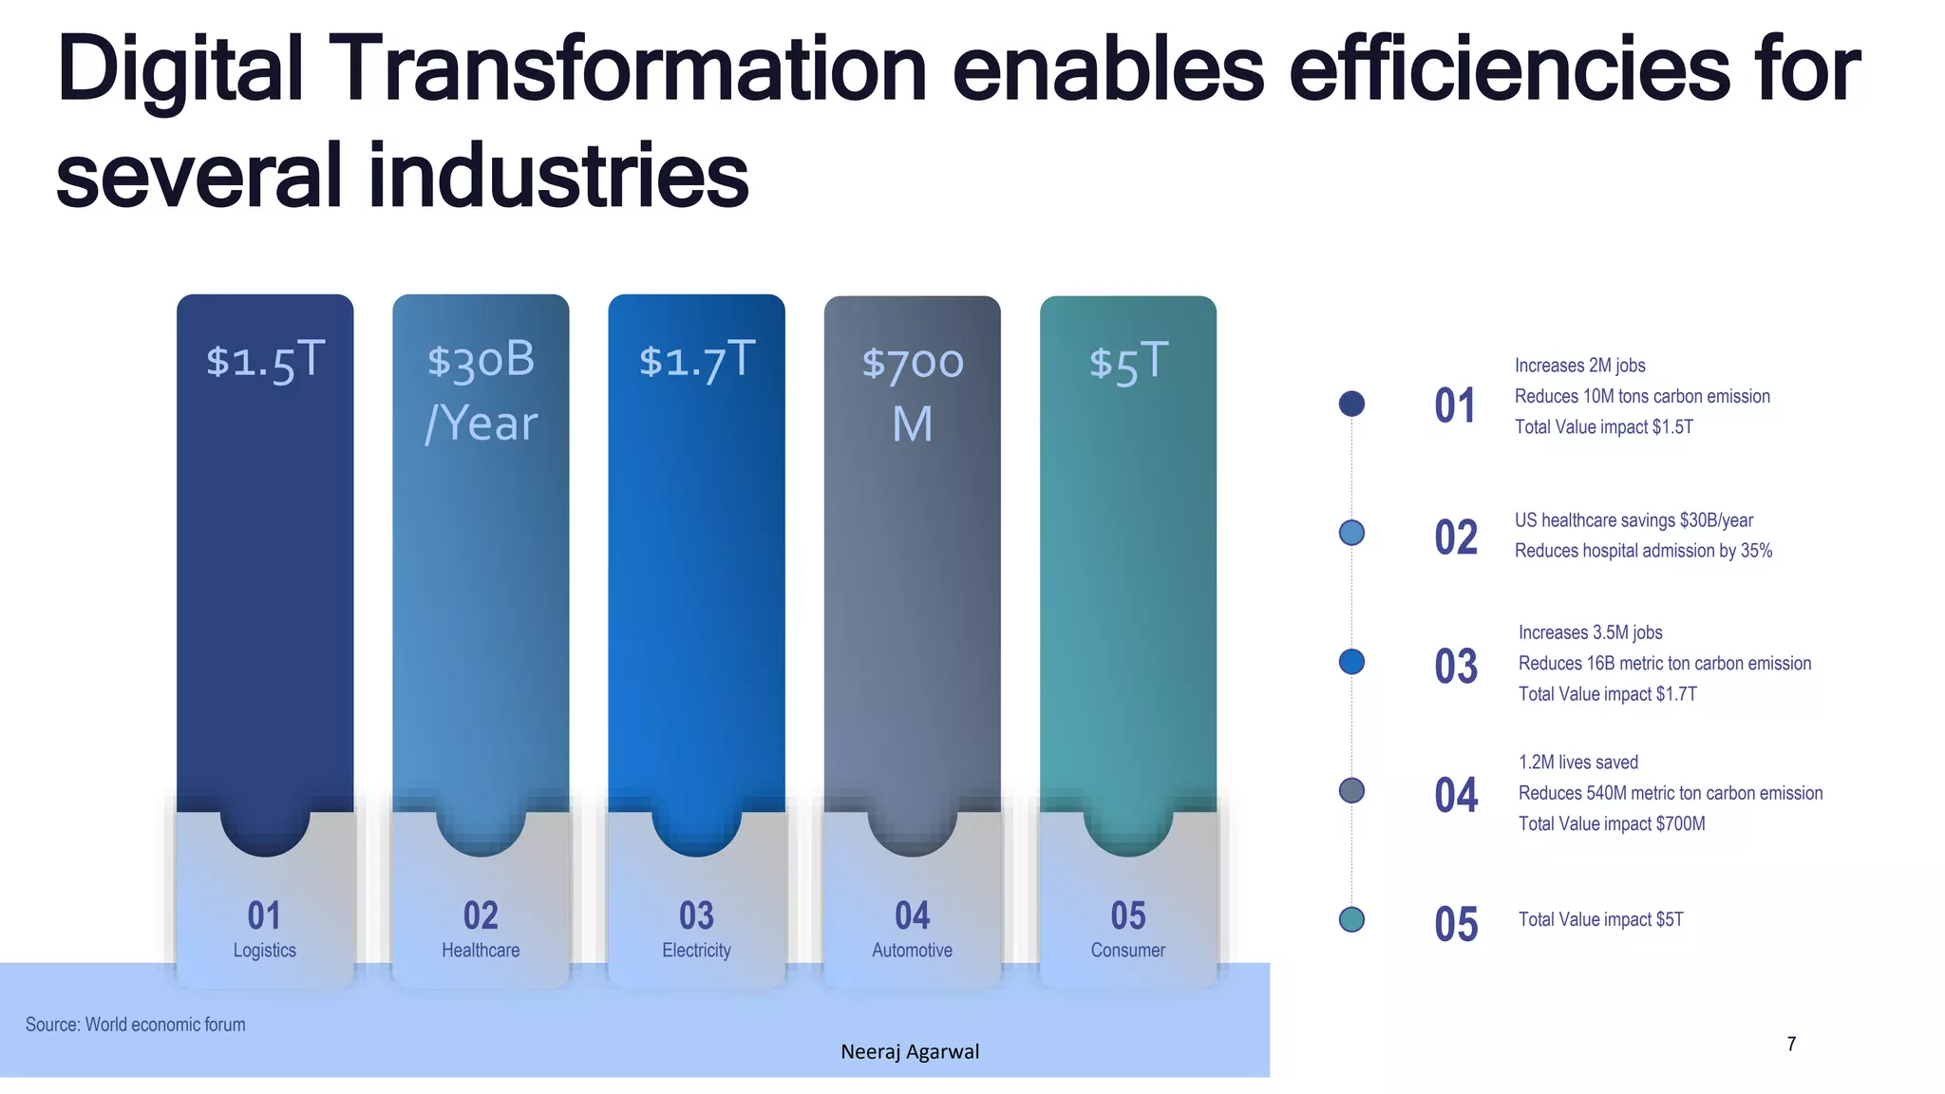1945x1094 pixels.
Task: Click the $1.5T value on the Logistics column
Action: [265, 361]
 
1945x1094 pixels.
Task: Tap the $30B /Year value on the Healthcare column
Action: [481, 391]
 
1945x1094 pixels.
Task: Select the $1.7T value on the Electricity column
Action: [696, 361]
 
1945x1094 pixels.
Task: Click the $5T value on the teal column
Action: [1127, 362]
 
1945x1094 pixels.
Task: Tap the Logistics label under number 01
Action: [265, 950]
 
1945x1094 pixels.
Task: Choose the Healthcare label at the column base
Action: [481, 950]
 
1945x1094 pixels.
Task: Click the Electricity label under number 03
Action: [696, 950]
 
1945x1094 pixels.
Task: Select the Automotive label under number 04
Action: [912, 950]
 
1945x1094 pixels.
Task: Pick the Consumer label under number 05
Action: [1127, 950]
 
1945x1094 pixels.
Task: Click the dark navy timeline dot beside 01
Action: [1351, 404]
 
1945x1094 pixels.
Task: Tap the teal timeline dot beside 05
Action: [1351, 919]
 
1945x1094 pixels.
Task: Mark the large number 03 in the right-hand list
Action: [1456, 667]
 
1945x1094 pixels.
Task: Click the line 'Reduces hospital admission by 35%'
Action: [1643, 551]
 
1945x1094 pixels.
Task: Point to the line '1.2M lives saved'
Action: [1577, 763]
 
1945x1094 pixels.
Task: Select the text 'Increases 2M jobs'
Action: [1579, 366]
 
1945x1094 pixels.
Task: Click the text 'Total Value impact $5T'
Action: [1600, 919]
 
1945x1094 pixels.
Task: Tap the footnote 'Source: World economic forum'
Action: [135, 1025]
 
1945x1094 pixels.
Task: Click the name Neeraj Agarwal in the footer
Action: [910, 1051]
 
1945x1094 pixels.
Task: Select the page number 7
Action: [1791, 1044]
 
